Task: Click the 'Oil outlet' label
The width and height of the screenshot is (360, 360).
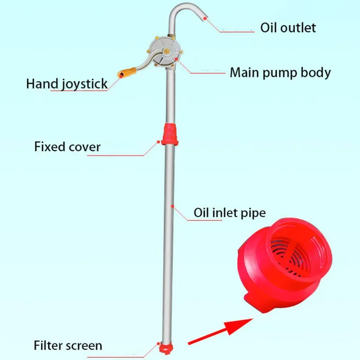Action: coord(288,27)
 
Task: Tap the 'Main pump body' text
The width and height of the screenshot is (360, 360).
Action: coord(280,72)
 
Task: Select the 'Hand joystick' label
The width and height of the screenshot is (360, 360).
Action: coord(67,83)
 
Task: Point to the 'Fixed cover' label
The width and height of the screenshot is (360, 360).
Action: coord(67,147)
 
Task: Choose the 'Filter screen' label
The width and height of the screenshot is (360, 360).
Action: coord(68,346)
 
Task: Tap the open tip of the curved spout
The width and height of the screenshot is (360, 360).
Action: coord(205,17)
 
